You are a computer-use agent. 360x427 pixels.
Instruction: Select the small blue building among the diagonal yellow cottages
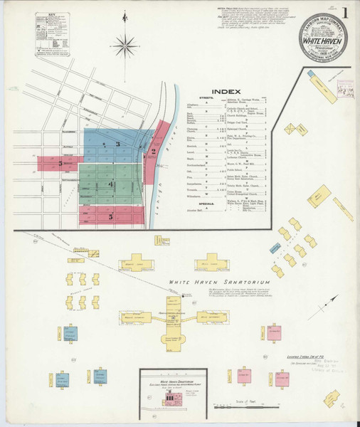coord(272,248)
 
